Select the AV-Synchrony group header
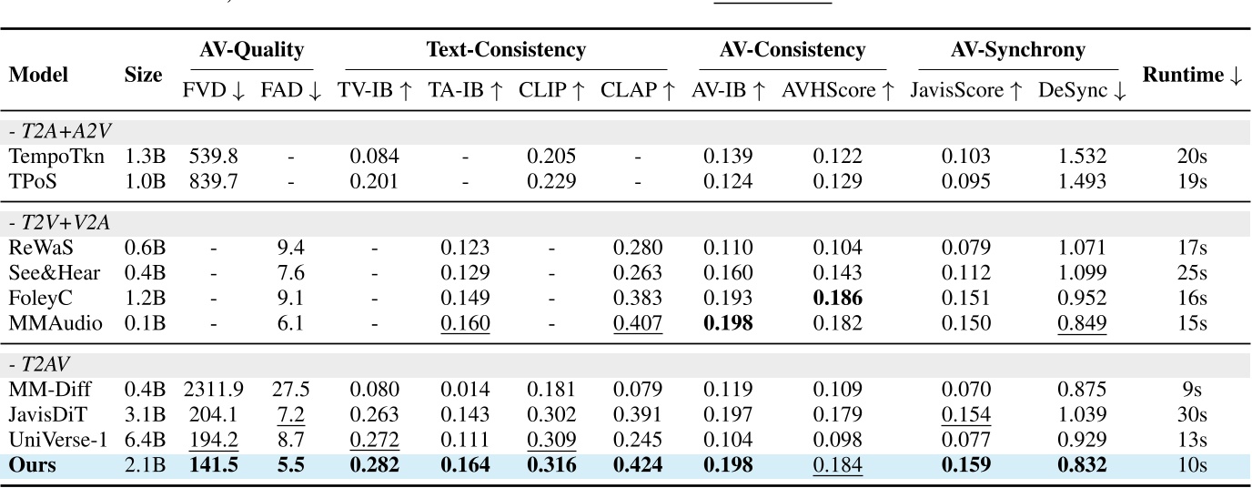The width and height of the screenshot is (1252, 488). click(1017, 50)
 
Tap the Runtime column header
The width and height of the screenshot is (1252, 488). click(1192, 76)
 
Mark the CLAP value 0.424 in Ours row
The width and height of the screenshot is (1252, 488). click(638, 465)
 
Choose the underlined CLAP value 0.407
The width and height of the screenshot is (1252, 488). click(638, 322)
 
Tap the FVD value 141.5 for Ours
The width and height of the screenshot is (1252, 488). click(213, 465)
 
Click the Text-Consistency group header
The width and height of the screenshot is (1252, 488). click(506, 50)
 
